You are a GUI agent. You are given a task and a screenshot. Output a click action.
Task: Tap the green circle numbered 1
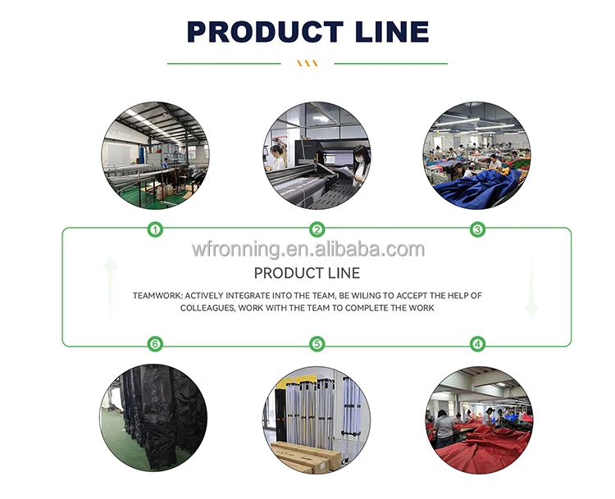click(155, 230)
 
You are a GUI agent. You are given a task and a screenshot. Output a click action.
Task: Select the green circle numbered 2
click(317, 230)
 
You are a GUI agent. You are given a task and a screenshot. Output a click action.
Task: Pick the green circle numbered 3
click(478, 230)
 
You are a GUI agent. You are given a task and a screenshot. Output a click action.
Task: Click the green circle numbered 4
click(478, 344)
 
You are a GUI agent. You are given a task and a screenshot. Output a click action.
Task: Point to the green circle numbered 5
click(317, 344)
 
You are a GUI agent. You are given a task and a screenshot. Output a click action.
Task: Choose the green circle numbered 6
click(155, 344)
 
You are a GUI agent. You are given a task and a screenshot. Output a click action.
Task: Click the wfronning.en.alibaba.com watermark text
click(307, 249)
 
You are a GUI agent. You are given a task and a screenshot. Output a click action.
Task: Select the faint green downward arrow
click(531, 287)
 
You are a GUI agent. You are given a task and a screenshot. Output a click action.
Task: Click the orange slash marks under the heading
click(307, 63)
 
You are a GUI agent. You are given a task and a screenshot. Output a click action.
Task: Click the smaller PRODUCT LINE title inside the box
click(307, 273)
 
